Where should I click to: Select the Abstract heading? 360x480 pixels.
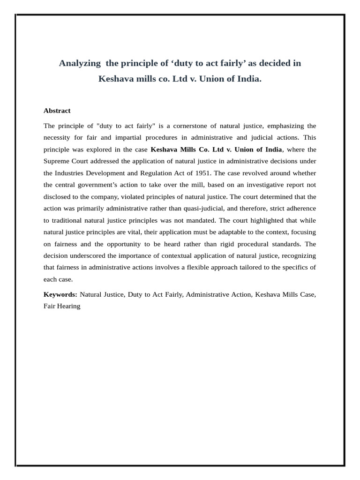coord(57,111)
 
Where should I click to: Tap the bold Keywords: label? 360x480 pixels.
coord(60,294)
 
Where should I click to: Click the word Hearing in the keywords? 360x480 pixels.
coord(69,306)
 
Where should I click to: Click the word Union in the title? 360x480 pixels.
coord(214,79)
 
